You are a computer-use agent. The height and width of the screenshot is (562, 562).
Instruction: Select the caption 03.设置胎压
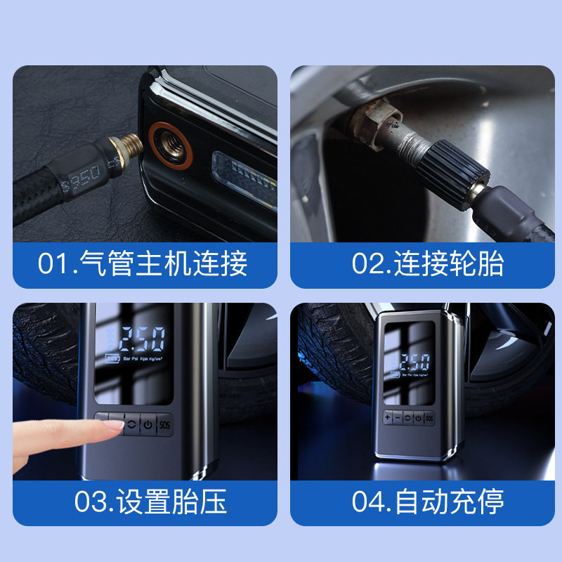(143, 502)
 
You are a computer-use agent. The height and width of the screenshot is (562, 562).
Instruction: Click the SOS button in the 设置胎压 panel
(164, 424)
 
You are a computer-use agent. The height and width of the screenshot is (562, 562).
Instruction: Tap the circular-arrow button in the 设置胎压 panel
(130, 424)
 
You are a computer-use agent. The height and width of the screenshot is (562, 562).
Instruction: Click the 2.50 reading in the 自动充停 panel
(410, 363)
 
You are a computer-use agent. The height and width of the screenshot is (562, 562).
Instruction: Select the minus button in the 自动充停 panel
(398, 418)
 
